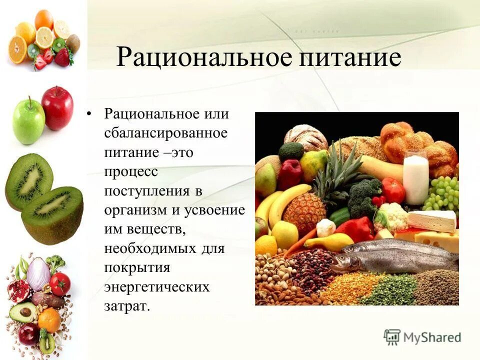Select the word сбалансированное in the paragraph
(165, 133)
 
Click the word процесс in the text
(130, 171)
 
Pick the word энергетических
(156, 287)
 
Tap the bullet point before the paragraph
(89, 114)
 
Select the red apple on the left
(57, 107)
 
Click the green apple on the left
(28, 121)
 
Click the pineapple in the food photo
(305, 210)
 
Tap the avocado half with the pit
(22, 312)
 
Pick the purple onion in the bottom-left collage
(38, 273)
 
